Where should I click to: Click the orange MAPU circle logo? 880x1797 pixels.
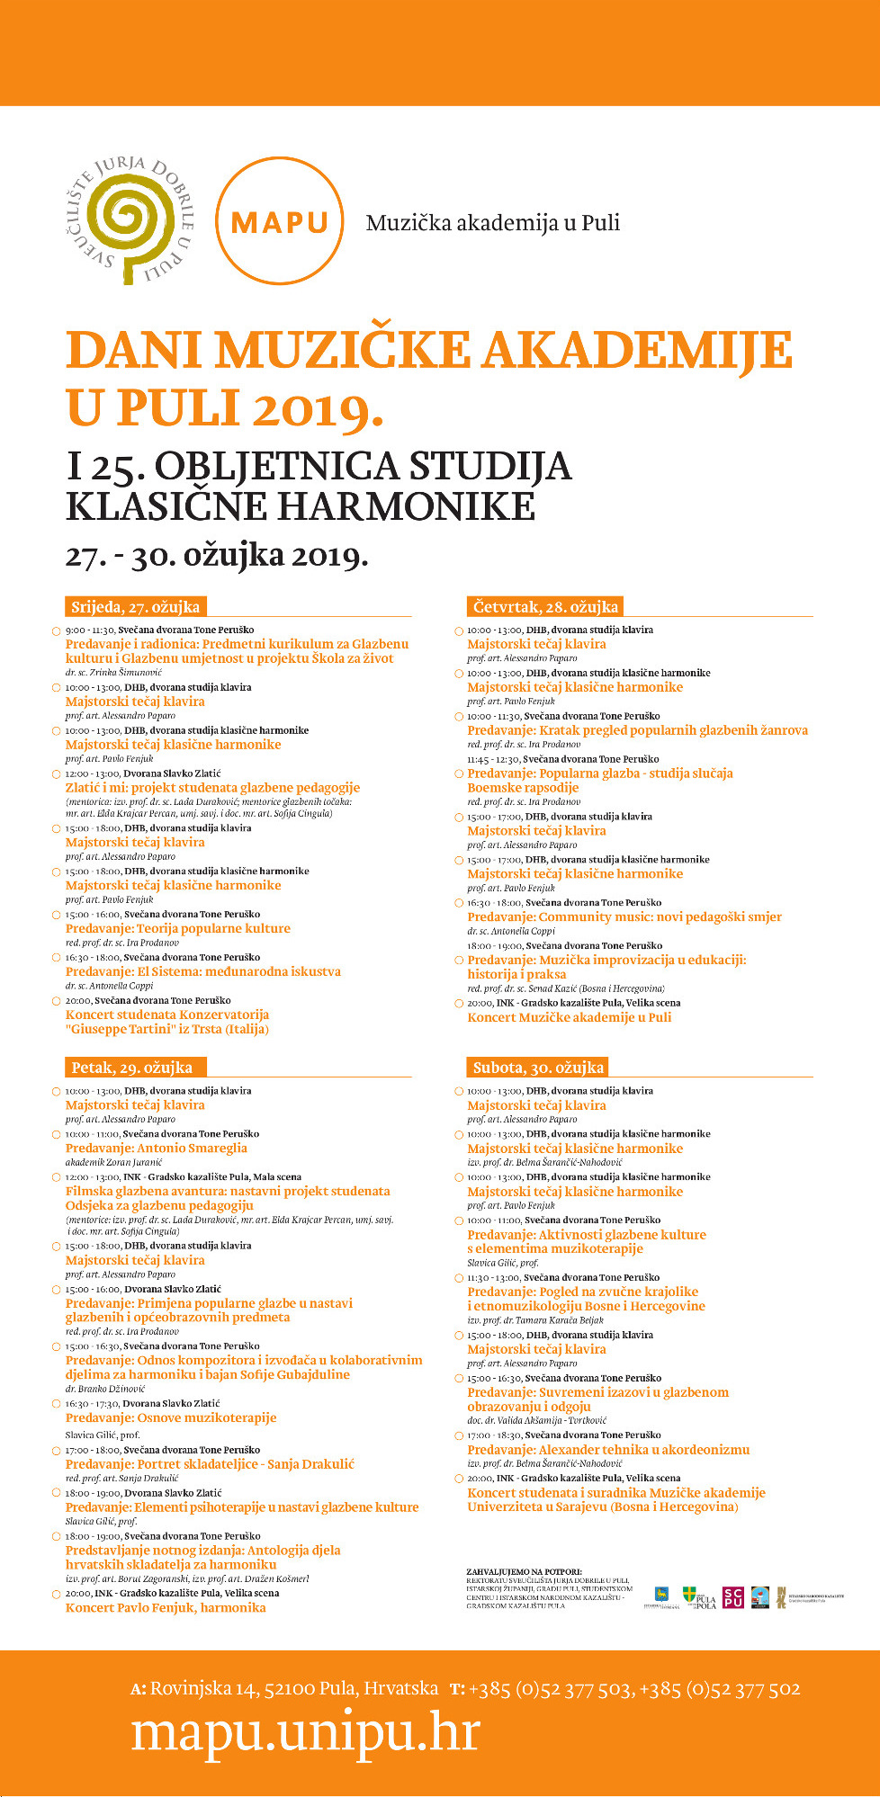[280, 220]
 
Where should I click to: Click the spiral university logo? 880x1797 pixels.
[135, 220]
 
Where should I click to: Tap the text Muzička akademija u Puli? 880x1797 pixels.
[492, 223]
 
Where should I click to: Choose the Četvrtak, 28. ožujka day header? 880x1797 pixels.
[545, 606]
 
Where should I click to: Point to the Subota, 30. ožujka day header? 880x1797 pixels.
[538, 1068]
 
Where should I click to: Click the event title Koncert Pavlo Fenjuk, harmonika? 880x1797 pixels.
[166, 1607]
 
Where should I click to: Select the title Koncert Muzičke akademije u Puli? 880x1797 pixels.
[569, 1017]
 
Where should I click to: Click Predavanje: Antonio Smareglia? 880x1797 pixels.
[156, 1148]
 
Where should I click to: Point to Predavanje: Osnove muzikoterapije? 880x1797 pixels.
[171, 1417]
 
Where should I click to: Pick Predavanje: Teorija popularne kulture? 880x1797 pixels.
[178, 928]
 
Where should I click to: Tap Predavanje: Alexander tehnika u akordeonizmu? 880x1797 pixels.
[607, 1449]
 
